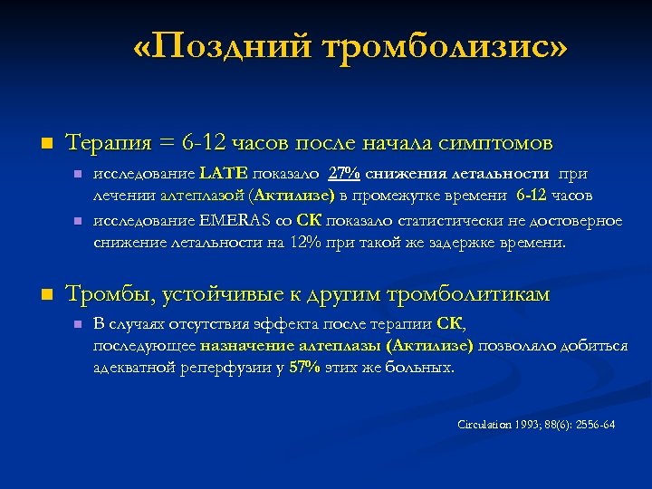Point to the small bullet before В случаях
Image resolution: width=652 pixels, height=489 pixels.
tap(78, 324)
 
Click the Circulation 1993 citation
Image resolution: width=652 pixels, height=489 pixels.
tap(536, 424)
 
